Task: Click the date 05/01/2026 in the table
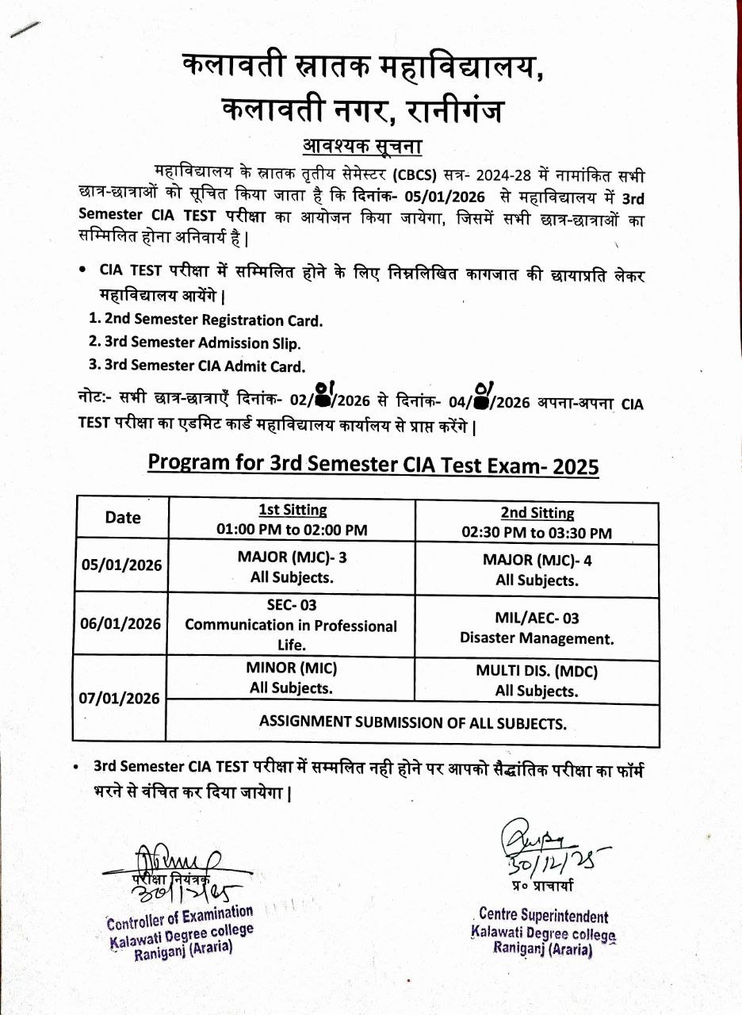click(122, 565)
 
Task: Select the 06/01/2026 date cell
click(121, 624)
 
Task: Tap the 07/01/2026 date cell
click(121, 699)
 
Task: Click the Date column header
click(122, 518)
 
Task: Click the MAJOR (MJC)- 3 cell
click(292, 567)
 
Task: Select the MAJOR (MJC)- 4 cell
click(537, 570)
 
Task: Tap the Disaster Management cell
click(537, 628)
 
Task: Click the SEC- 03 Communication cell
click(291, 626)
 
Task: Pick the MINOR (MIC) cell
click(291, 678)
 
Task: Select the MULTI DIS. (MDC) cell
click(537, 681)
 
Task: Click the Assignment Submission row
click(412, 723)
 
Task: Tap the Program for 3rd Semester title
click(373, 463)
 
